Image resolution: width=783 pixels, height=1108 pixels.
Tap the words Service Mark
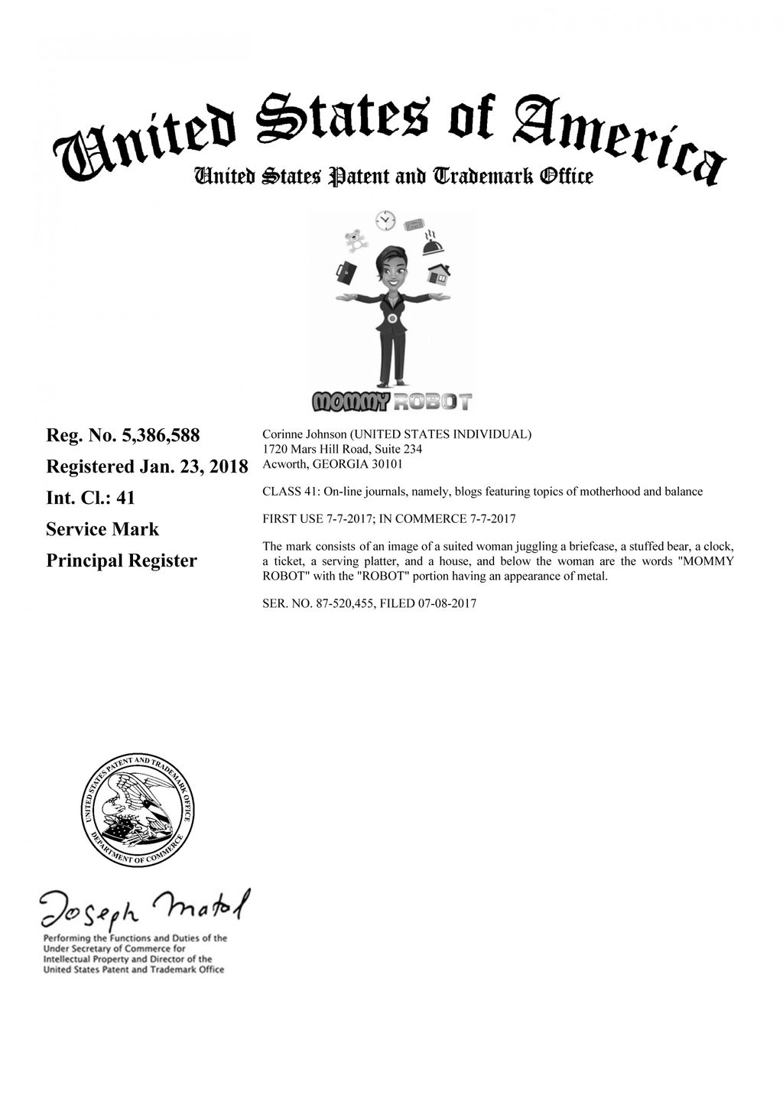click(102, 529)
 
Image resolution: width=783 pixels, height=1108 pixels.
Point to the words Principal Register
click(122, 560)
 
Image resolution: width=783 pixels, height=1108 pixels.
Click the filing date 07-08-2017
click(447, 603)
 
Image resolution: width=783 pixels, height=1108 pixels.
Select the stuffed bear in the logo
click(354, 241)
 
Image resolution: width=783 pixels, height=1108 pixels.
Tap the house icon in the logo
click(438, 271)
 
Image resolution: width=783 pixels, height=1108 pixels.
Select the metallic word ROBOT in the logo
click(433, 401)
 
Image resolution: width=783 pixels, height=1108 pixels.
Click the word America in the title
click(619, 138)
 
